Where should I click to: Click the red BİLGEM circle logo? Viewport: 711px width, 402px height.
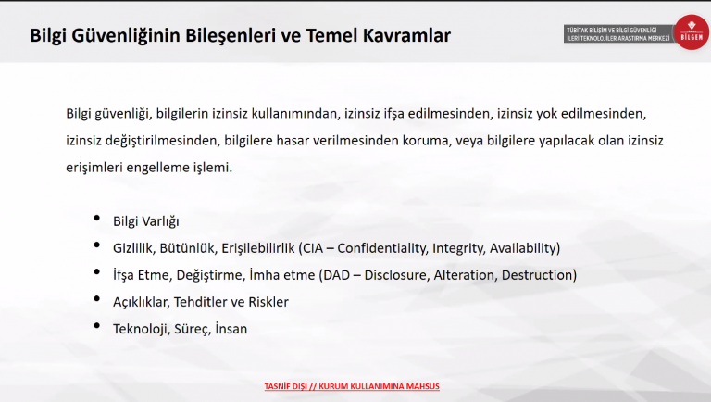coord(691,32)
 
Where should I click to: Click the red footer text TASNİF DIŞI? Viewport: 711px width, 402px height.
coord(286,386)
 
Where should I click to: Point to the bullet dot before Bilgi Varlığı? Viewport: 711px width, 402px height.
coord(96,219)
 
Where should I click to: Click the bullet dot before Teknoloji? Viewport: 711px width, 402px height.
coord(96,326)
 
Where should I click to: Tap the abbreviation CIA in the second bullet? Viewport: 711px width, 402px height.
coord(313,248)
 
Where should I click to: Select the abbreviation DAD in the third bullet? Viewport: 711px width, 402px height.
coord(336,275)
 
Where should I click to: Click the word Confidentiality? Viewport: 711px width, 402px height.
coord(382,248)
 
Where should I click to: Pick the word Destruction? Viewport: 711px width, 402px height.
coord(537,275)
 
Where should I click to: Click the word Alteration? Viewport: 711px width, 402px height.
coord(465,275)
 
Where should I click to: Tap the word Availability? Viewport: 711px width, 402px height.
coord(523,248)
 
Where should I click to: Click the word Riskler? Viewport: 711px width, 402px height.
coord(268,302)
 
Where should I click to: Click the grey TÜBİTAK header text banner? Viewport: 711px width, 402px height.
coord(618,34)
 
